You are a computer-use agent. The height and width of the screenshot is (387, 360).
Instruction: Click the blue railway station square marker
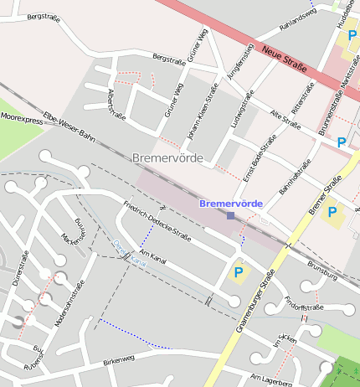(230, 215)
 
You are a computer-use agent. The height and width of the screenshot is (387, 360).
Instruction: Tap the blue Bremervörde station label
(231, 204)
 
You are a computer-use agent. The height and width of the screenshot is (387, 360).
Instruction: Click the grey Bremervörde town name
(167, 157)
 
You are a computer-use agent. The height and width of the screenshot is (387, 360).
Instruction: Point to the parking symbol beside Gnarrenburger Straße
(239, 272)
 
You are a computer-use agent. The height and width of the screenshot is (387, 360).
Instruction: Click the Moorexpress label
(23, 119)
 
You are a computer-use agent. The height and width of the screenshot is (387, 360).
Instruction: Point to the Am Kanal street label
(153, 257)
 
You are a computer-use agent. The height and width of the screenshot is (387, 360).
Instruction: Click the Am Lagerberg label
(272, 380)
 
